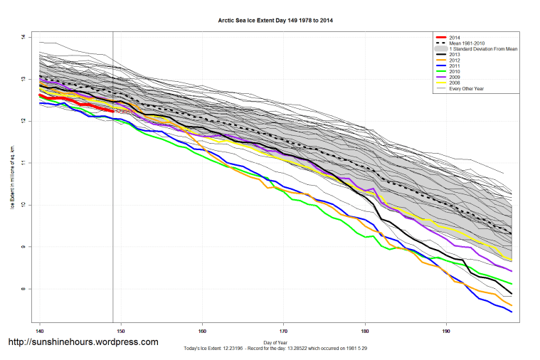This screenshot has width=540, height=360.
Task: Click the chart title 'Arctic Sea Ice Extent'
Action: pos(275,21)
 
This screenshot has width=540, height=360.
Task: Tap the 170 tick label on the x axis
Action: pos(284,331)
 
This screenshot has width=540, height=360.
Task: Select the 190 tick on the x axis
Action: pos(446,331)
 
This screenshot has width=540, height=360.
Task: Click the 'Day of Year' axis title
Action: pos(275,342)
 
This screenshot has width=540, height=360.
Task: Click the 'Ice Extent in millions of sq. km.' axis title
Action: pos(11,178)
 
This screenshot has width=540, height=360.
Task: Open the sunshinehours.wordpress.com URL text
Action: pos(83,342)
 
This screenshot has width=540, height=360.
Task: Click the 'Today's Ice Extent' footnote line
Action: pos(275,349)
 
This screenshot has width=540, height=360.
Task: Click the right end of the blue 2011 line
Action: pos(512,312)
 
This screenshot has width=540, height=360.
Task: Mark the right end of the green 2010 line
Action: pos(512,284)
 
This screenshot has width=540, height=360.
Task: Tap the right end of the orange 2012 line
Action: pos(512,305)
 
